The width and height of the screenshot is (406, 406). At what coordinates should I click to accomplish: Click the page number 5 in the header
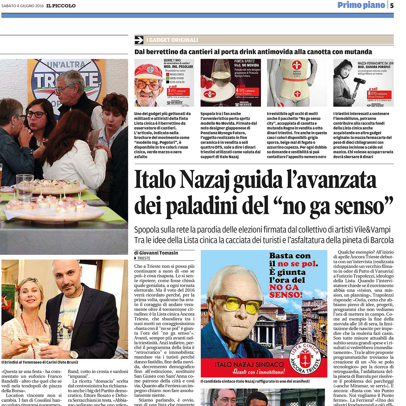click(x=392, y=5)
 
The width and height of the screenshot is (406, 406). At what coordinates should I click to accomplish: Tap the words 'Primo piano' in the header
click(x=361, y=5)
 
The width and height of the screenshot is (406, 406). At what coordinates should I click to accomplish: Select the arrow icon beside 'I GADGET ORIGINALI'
click(x=139, y=40)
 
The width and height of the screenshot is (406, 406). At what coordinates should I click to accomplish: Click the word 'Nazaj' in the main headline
click(x=204, y=180)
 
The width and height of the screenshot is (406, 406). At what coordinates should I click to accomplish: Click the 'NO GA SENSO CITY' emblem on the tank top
click(x=297, y=69)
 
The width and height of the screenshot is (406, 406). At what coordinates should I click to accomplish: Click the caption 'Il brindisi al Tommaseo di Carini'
click(x=40, y=362)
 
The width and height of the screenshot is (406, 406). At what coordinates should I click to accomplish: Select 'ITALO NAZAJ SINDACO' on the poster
click(x=249, y=364)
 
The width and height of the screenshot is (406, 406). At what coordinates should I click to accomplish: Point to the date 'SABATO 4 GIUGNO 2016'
click(x=23, y=6)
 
